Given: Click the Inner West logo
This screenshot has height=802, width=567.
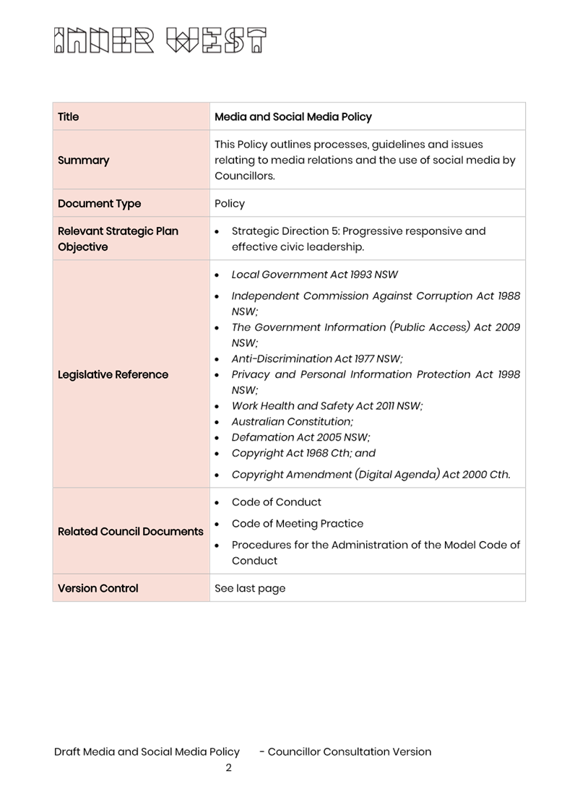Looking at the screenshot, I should (160, 40).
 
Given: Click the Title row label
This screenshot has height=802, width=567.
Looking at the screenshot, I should (69, 117).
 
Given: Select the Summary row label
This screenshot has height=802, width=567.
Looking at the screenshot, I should (84, 160).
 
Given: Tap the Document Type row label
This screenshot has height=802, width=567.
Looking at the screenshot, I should (100, 204).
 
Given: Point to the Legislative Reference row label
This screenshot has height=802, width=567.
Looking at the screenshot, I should (113, 374).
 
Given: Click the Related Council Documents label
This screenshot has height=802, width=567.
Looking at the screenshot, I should (131, 531).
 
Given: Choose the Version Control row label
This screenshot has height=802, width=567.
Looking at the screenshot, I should (98, 588).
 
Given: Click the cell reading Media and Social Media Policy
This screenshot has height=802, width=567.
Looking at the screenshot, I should (293, 117).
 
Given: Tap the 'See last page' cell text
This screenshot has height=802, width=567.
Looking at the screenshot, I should (250, 588).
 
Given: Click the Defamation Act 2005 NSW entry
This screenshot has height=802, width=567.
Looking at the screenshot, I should (300, 437).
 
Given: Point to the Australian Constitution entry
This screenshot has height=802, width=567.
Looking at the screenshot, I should (293, 421).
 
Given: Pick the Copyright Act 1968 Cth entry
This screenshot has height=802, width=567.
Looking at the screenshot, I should (303, 453).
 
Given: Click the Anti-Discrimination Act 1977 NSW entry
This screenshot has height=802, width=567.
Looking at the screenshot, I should (316, 358).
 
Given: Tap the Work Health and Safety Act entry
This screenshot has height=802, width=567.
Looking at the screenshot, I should (327, 406).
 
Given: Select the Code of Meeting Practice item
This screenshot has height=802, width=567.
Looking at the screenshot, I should (298, 523).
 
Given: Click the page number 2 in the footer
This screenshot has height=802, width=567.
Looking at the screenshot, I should (228, 767).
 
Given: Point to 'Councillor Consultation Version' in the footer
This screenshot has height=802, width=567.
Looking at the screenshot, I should (350, 751).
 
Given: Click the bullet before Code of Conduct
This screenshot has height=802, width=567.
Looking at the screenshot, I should (217, 502).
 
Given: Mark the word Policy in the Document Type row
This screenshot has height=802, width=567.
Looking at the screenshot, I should (230, 204).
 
